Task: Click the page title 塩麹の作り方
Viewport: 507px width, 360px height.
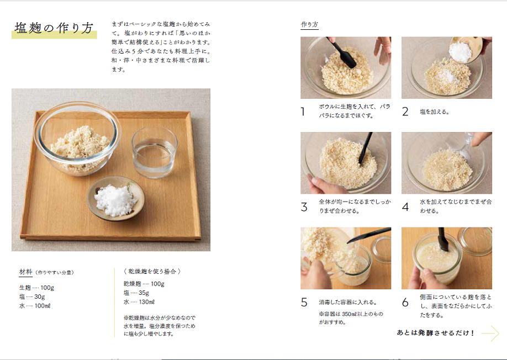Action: click(54, 29)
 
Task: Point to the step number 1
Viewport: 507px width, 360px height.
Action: click(303, 112)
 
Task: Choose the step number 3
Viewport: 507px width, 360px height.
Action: click(304, 207)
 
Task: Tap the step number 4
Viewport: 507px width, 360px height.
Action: click(405, 207)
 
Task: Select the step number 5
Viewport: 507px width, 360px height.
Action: click(304, 303)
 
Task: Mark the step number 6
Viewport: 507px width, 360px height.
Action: click(405, 303)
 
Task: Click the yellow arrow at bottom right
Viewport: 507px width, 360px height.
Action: click(490, 333)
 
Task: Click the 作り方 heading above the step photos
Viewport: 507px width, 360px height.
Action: click(309, 25)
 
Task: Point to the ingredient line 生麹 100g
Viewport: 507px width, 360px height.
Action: click(36, 288)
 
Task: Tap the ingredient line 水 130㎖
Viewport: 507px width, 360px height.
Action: click(139, 302)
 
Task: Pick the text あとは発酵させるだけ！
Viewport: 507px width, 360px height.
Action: click(436, 333)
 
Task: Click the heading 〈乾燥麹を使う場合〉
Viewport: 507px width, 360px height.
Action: click(152, 271)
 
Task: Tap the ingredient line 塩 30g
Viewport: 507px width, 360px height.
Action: click(32, 297)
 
